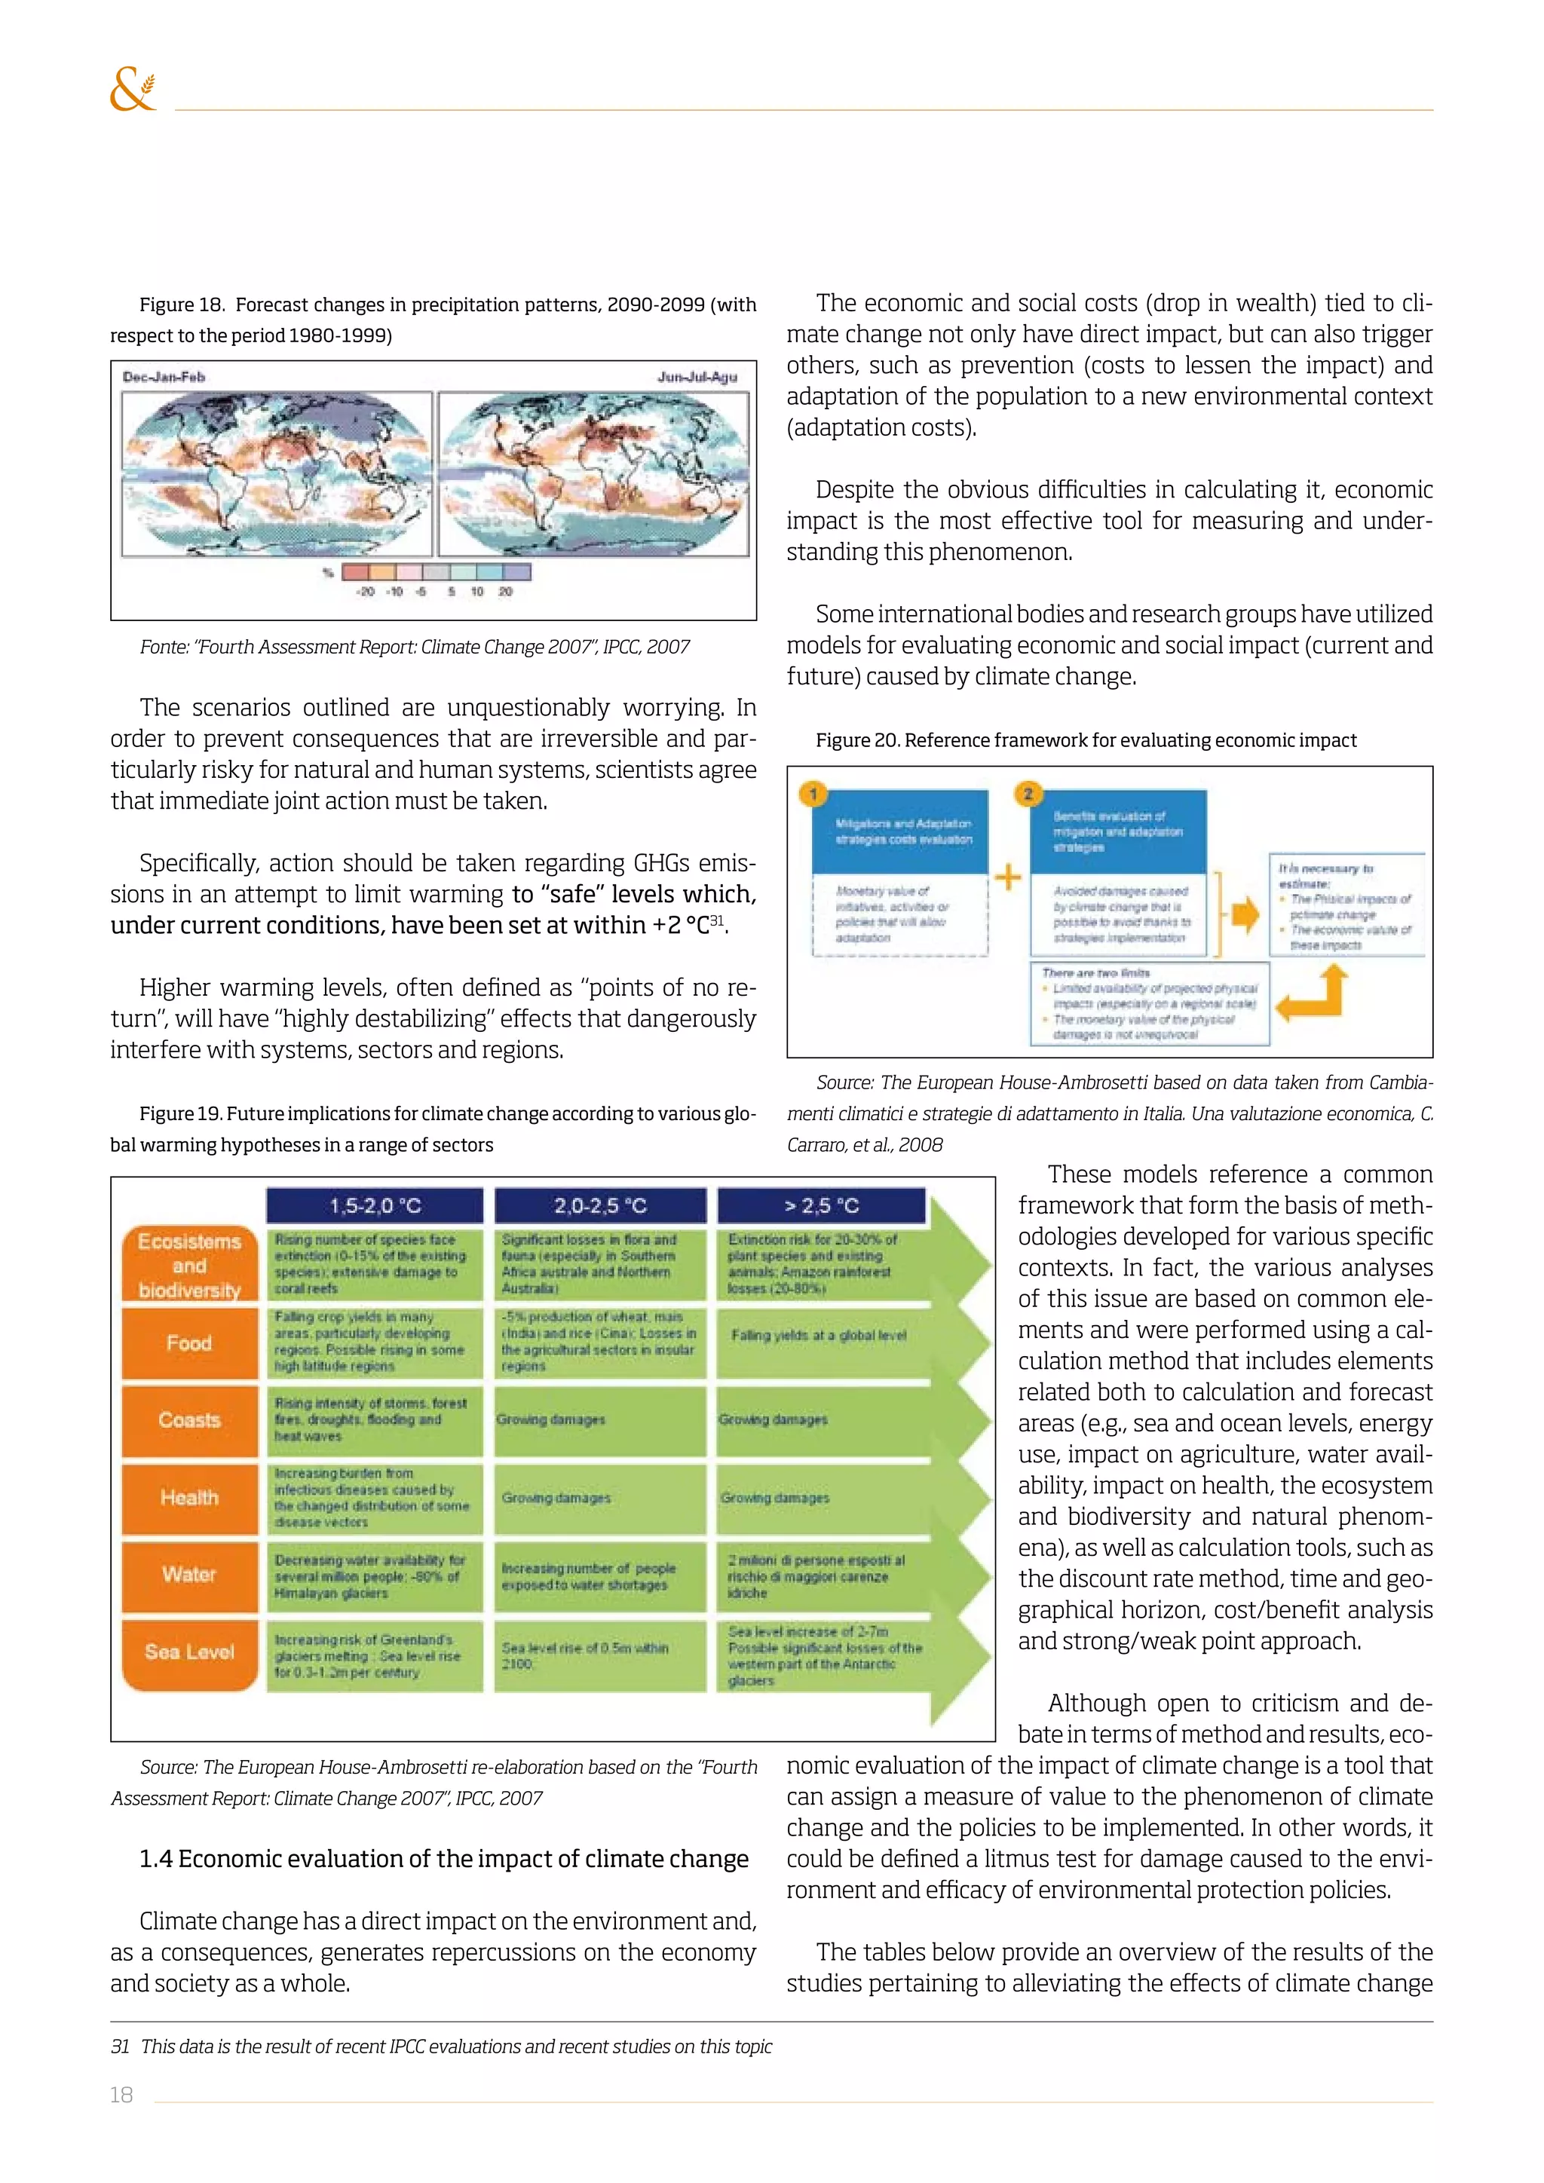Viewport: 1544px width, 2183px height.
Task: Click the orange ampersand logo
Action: [132, 90]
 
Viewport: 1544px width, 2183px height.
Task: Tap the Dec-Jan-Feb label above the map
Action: [164, 376]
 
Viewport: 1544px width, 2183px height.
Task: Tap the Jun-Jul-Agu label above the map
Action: [697, 376]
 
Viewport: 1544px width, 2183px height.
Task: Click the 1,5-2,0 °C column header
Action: [375, 1205]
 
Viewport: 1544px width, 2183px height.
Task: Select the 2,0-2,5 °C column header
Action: [600, 1205]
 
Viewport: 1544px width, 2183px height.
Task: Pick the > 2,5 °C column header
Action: [820, 1205]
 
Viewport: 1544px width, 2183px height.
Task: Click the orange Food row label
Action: [189, 1343]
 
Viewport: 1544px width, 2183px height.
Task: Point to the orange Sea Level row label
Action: [189, 1652]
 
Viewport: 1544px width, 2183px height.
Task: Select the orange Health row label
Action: [189, 1498]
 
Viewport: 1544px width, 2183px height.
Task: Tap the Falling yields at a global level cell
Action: [819, 1335]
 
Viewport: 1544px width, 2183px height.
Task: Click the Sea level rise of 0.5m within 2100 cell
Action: [585, 1655]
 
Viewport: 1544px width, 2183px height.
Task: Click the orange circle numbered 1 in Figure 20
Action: [813, 793]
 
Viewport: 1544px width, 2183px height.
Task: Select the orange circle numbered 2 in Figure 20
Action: [1028, 793]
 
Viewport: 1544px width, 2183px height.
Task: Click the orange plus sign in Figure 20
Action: [1008, 877]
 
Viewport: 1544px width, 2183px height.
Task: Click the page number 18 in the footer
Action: [121, 2095]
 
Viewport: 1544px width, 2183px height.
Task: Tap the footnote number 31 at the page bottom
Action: [120, 2047]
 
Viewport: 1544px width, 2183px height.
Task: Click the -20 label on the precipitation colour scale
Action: [365, 592]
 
